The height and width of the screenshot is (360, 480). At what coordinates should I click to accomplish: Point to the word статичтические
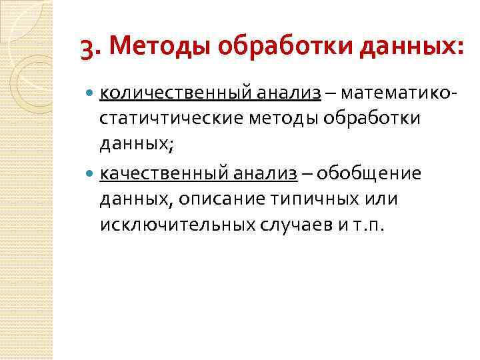[x=170, y=118]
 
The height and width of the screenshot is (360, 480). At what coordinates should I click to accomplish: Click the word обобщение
[x=369, y=173]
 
